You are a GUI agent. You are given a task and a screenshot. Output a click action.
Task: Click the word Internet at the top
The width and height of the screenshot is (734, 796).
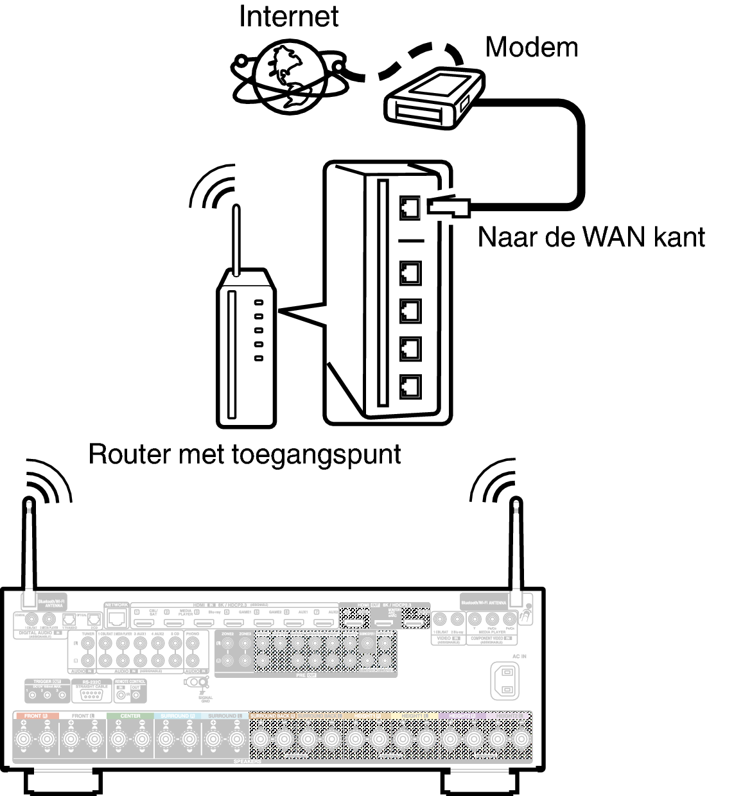tap(288, 17)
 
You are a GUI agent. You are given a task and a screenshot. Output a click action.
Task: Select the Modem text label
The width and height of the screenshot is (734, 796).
tap(531, 47)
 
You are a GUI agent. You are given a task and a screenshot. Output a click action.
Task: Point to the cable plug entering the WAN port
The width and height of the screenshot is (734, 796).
tap(449, 205)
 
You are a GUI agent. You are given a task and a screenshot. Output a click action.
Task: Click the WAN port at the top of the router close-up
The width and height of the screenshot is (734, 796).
tap(410, 207)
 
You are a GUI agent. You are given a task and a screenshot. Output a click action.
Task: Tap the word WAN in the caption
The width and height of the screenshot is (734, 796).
tap(614, 238)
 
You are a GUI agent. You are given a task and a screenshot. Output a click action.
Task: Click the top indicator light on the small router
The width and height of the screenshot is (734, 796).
tap(259, 302)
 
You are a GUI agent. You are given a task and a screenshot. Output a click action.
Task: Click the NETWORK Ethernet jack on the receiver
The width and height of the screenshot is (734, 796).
tap(117, 618)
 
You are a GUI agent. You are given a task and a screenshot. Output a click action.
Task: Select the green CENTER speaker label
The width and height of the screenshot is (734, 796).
tap(130, 716)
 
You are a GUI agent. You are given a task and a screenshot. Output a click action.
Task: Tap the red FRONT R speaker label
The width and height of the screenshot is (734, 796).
tap(36, 716)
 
